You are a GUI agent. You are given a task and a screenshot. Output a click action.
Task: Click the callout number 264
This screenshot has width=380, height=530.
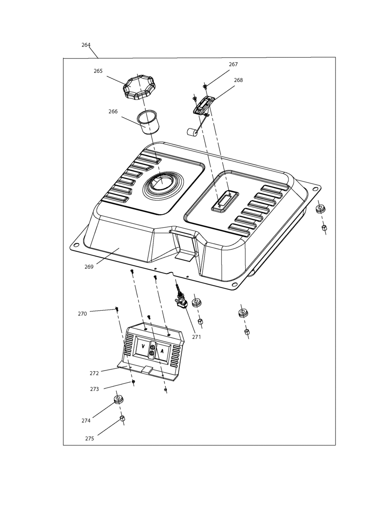click(86, 45)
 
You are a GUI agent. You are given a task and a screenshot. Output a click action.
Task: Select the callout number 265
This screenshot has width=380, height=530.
click(98, 71)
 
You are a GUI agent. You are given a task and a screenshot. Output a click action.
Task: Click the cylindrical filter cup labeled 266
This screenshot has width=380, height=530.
click(147, 122)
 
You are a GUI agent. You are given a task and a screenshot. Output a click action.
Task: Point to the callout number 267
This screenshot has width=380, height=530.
click(233, 64)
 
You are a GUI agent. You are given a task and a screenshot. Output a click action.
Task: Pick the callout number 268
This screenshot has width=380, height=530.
click(238, 80)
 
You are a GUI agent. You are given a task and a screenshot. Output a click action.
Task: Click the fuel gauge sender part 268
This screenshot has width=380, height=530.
click(203, 105)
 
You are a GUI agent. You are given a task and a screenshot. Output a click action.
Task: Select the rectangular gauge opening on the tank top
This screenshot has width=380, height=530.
click(225, 201)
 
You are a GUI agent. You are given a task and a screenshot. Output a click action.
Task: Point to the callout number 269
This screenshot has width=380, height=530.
click(89, 267)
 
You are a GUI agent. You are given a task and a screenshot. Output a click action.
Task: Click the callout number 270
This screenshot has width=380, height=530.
click(82, 314)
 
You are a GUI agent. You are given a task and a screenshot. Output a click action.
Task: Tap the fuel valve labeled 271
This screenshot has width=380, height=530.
click(181, 300)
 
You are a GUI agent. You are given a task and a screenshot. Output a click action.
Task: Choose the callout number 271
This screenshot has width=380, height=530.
click(196, 337)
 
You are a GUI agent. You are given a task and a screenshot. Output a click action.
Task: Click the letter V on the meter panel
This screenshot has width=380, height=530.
click(143, 346)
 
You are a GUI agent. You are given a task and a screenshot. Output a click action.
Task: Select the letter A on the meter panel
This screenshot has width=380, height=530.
click(162, 351)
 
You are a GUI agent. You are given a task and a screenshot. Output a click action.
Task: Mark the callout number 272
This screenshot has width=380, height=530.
click(94, 373)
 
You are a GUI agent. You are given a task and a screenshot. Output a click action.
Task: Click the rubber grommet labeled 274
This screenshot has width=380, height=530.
click(118, 399)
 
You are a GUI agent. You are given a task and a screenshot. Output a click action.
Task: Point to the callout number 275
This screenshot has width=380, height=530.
click(89, 439)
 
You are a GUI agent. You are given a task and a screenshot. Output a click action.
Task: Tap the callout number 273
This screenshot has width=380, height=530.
click(94, 389)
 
